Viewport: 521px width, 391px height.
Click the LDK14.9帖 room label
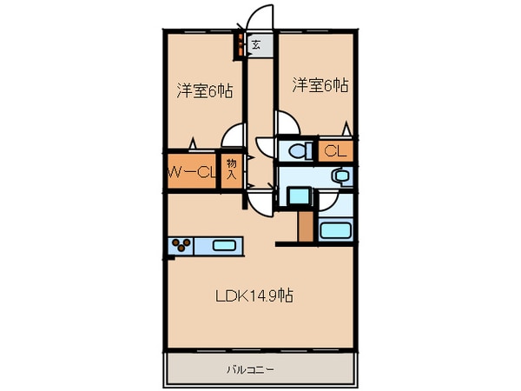coord(254,295)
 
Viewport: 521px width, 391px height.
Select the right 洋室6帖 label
coord(320,85)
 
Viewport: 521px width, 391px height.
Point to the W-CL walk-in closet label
coord(190,171)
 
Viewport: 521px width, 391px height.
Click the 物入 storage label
coord(231,168)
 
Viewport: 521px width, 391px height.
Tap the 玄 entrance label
coord(257,44)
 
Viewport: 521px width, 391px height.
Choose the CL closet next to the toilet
coord(335,151)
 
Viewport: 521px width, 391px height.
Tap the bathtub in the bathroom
coord(335,231)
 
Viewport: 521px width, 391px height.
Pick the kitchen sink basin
coord(225,246)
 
